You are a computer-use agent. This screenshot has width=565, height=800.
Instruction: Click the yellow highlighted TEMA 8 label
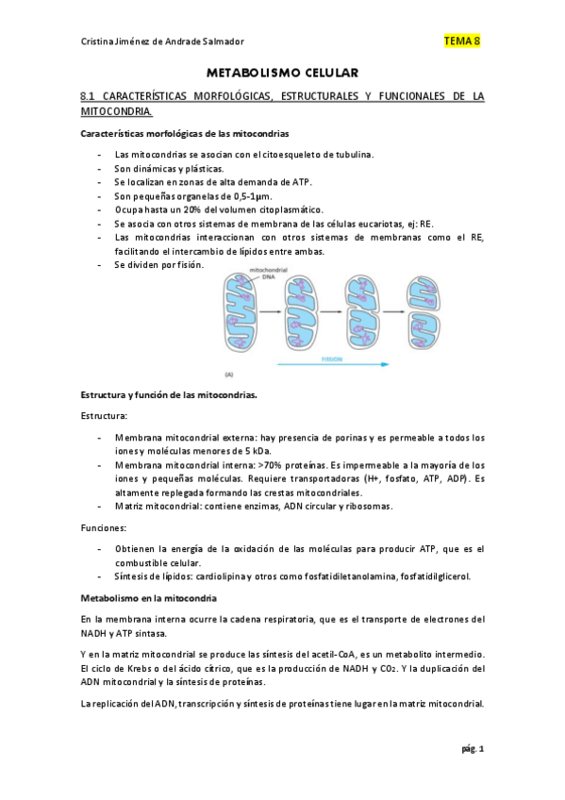click(461, 42)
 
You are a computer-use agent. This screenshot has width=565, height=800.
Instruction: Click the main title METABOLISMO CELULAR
click(283, 73)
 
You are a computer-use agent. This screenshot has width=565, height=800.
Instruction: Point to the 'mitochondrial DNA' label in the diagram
click(267, 274)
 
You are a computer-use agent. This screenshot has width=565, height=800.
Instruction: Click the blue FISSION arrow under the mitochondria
click(359, 360)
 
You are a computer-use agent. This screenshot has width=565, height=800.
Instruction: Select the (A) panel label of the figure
click(228, 373)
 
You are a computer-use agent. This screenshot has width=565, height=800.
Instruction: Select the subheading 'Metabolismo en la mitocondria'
click(149, 598)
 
